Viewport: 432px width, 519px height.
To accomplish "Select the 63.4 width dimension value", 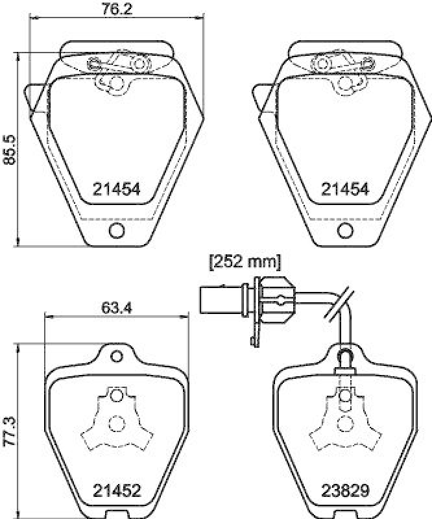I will [x=117, y=309].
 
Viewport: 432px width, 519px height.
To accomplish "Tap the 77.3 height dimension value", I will [x=8, y=429].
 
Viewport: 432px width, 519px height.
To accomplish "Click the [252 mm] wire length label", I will [x=244, y=262].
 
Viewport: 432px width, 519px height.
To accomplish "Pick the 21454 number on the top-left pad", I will [x=117, y=189].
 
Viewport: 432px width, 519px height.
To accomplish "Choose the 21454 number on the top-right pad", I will [x=346, y=189].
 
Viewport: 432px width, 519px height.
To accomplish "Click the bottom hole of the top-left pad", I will [x=117, y=230].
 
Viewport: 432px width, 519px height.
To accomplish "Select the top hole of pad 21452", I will [x=117, y=356].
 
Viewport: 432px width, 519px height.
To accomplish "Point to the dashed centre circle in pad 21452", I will [x=116, y=422].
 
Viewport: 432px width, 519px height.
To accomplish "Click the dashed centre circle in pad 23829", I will [x=344, y=422].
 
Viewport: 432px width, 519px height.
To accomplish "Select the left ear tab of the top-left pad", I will [x=35, y=100].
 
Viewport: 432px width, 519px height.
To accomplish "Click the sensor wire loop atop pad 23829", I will [x=345, y=354].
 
